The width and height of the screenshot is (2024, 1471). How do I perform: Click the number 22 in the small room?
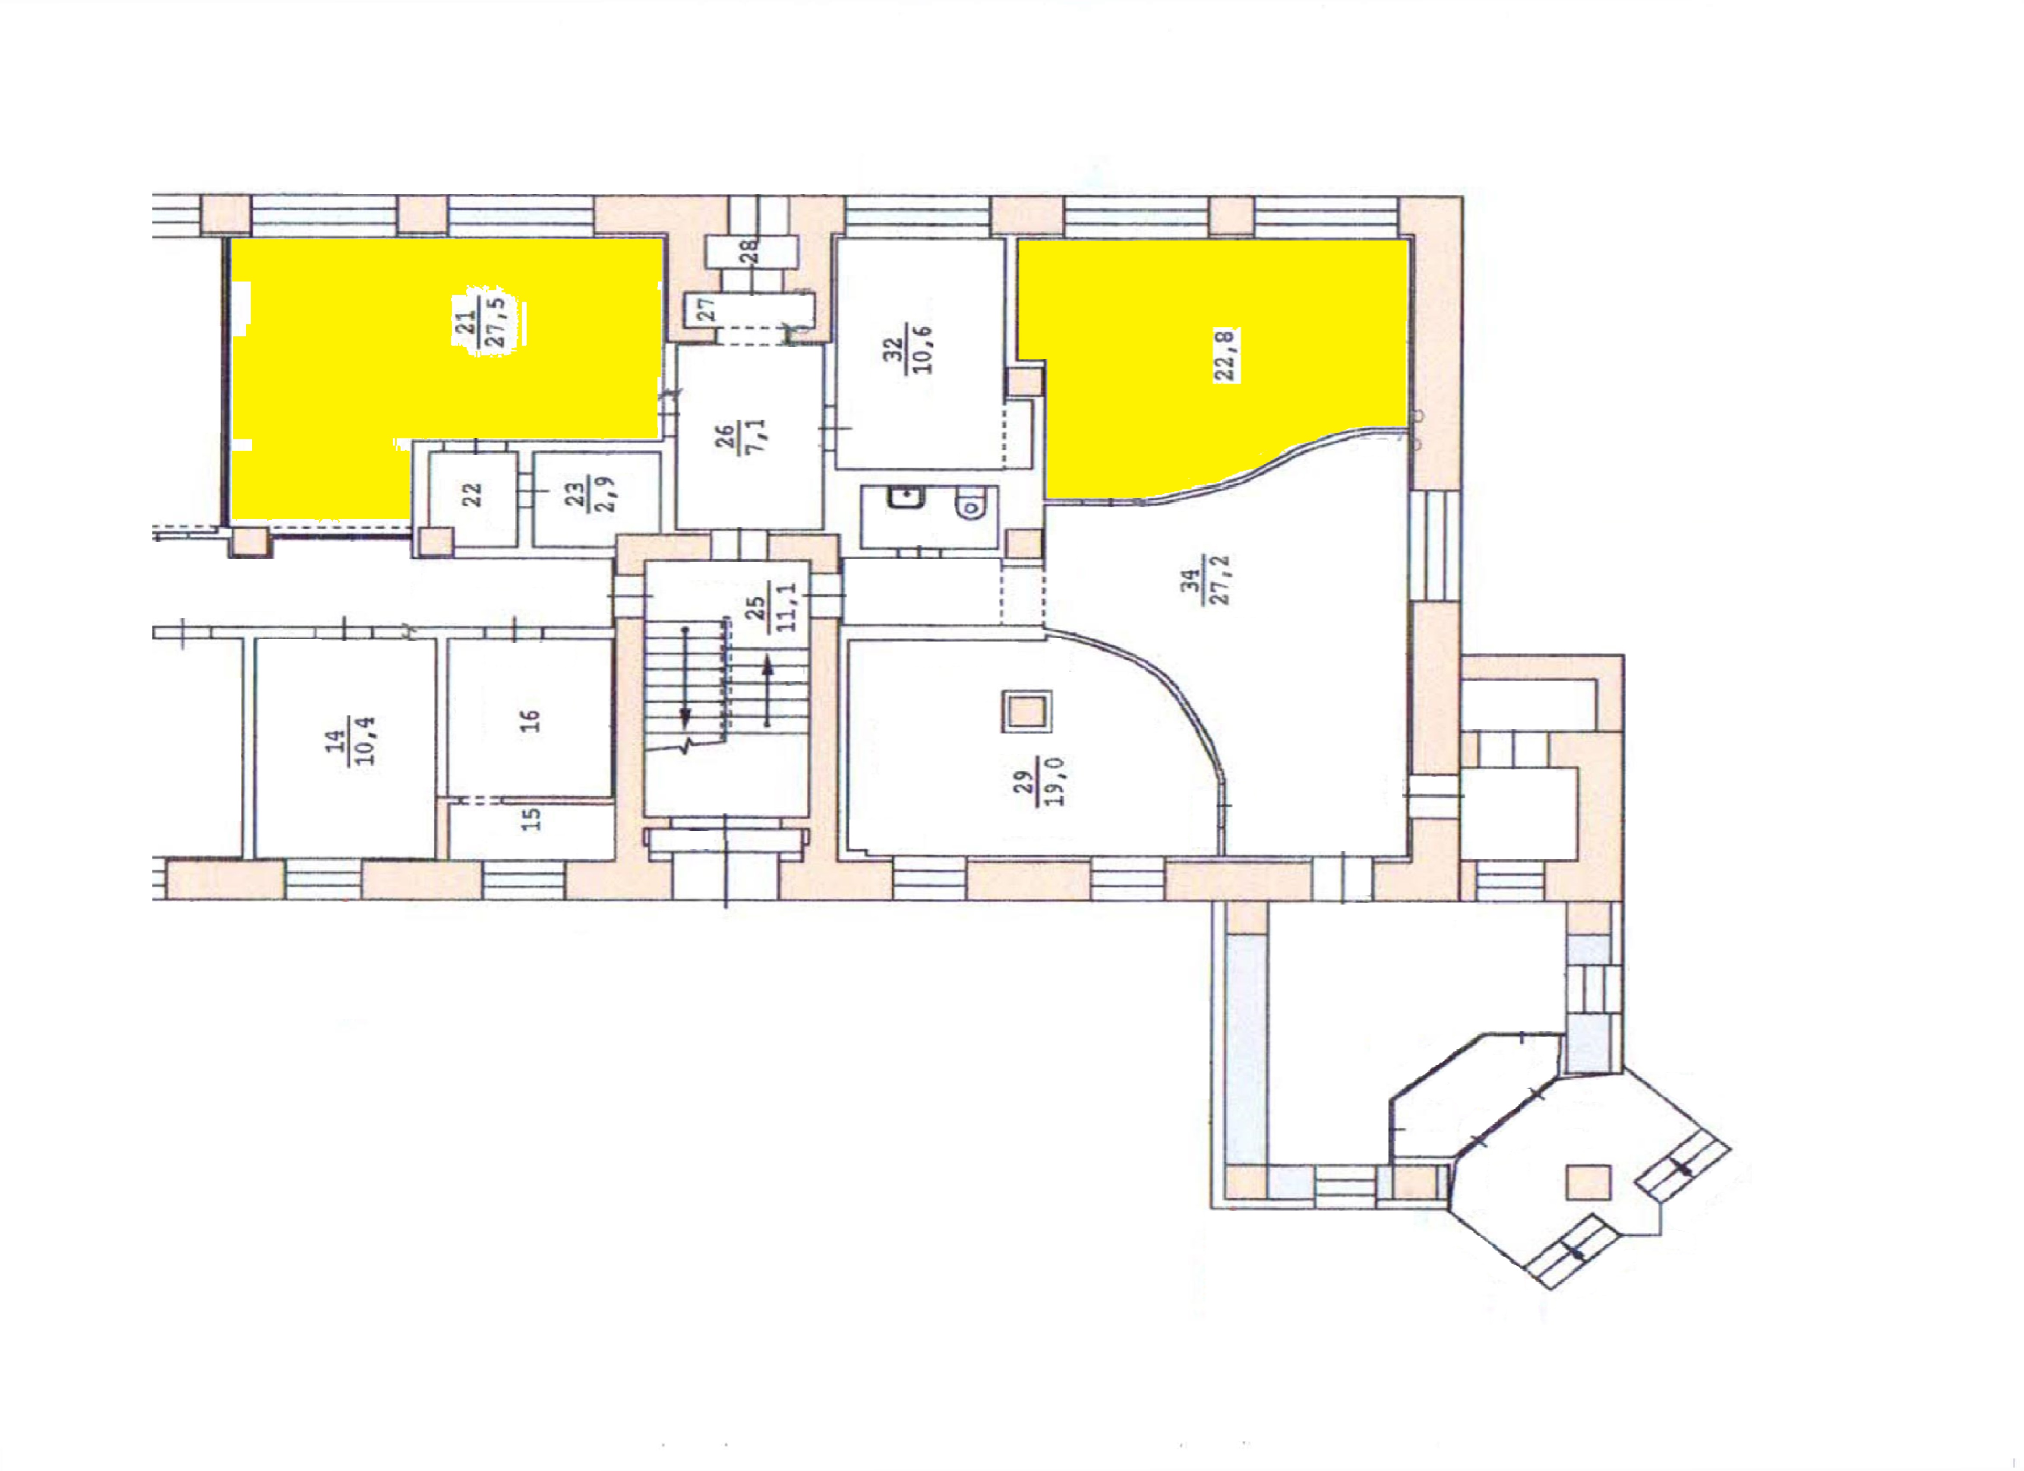coord(472,493)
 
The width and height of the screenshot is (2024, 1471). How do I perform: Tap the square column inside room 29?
coord(1027,712)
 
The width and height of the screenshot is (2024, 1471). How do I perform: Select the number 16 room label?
coord(530,719)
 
